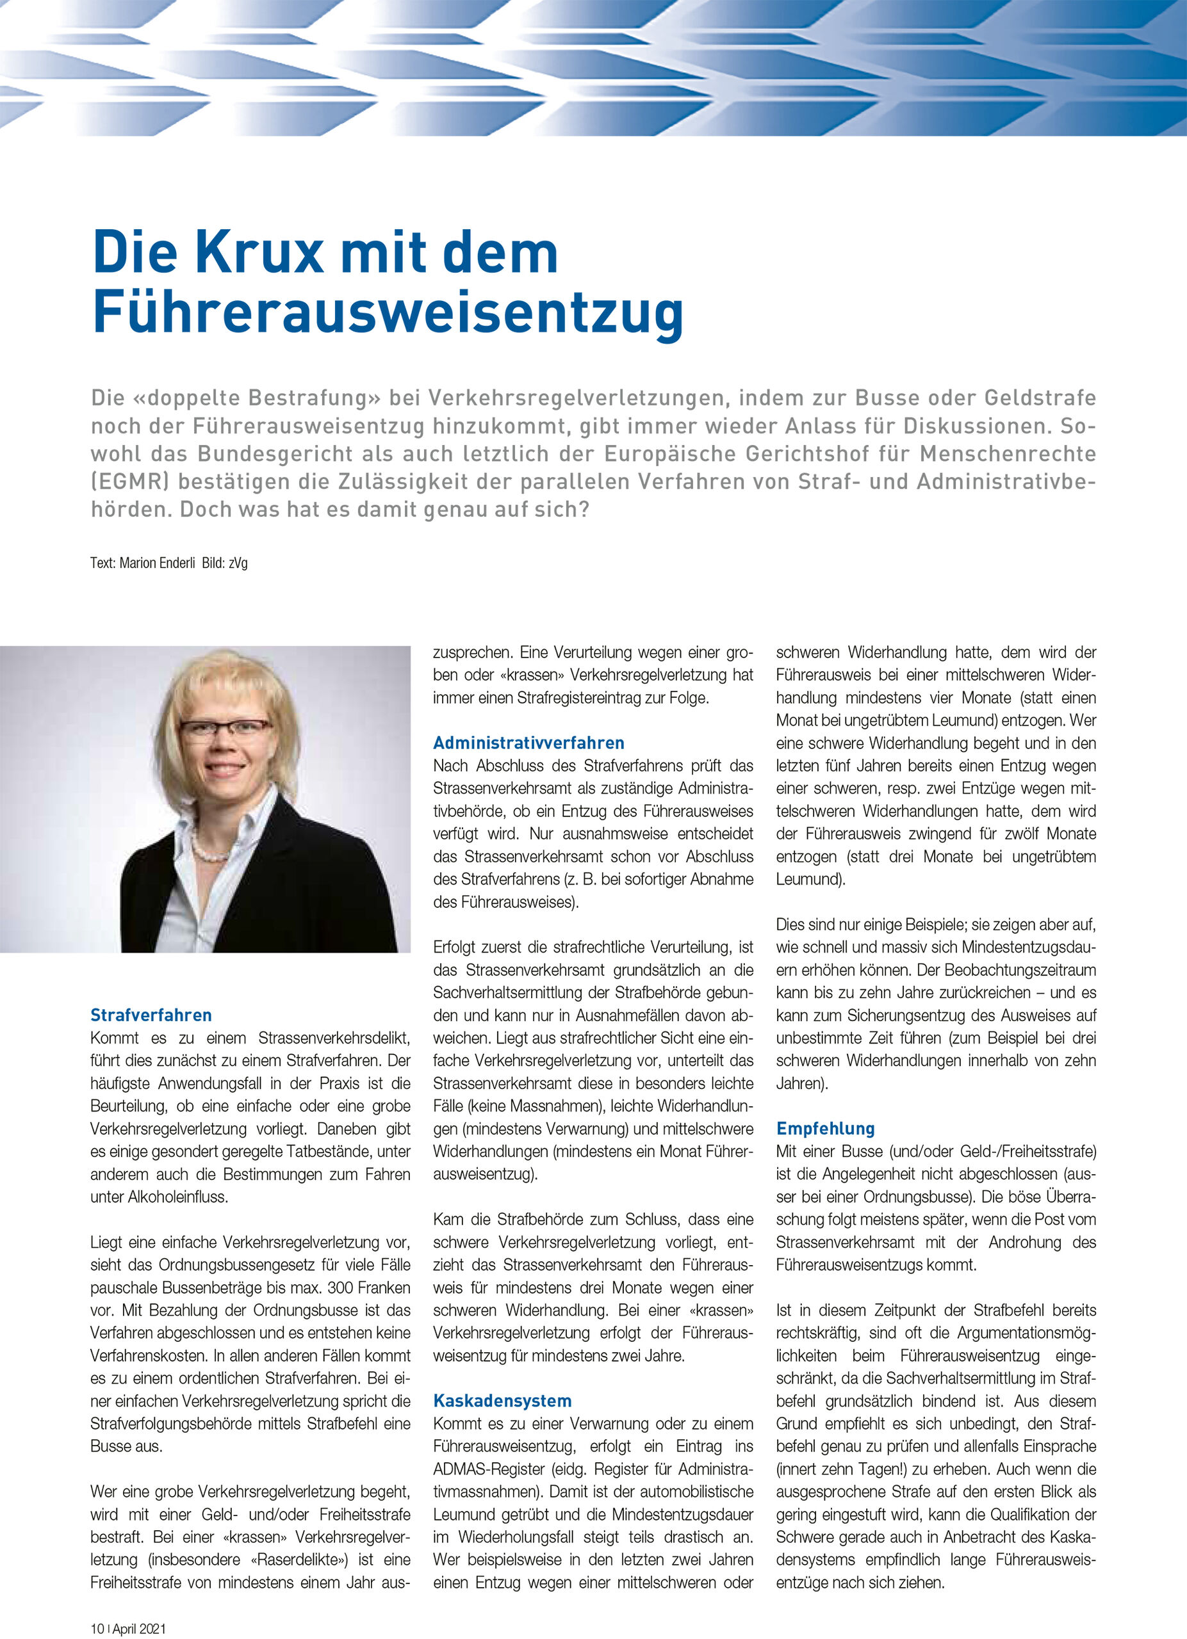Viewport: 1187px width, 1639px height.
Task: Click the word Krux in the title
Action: pyautogui.click(x=259, y=253)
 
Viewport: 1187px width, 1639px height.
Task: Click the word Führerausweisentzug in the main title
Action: pyautogui.click(x=388, y=312)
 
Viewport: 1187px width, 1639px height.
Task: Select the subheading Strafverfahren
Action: pyautogui.click(x=151, y=1015)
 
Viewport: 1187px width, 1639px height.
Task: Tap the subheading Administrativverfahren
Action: pyautogui.click(x=528, y=742)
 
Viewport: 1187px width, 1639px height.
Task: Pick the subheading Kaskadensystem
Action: pyautogui.click(x=502, y=1401)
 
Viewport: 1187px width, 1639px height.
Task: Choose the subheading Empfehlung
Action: pyautogui.click(x=826, y=1128)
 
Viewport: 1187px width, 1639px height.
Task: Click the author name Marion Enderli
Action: pyautogui.click(x=157, y=563)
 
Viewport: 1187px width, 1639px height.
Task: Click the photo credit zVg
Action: pyautogui.click(x=238, y=563)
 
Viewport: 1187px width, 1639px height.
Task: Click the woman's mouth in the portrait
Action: pyautogui.click(x=225, y=769)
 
